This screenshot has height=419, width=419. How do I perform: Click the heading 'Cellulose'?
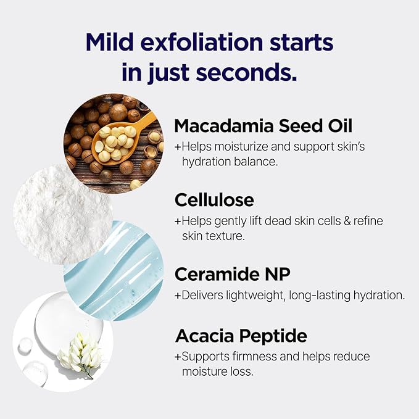(214, 200)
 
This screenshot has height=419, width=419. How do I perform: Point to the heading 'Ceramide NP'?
(232, 274)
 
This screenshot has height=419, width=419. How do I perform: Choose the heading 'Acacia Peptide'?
(241, 336)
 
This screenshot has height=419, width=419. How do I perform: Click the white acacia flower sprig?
(80, 352)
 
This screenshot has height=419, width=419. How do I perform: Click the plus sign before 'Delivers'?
(178, 296)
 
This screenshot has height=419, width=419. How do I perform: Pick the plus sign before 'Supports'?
(178, 357)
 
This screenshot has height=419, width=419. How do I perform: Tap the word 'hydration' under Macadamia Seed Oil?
(207, 162)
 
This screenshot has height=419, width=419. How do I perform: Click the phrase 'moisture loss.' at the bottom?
(217, 371)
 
